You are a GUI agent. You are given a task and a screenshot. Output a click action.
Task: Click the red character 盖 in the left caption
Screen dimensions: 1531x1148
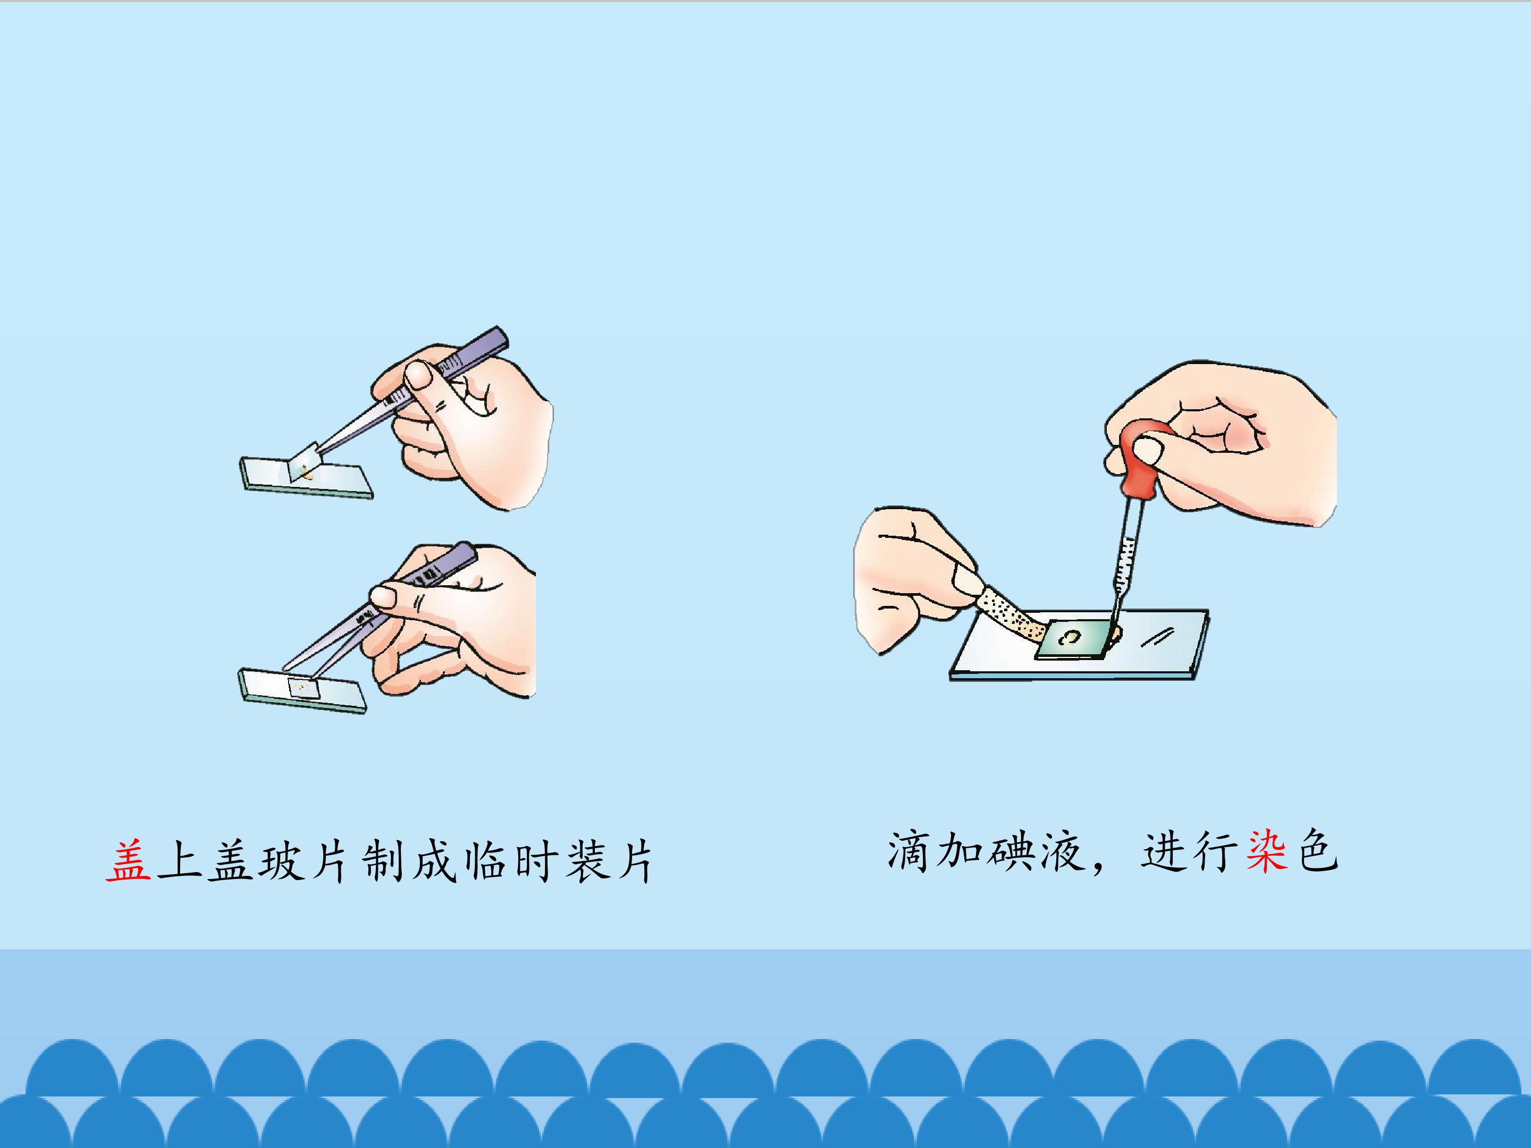(x=128, y=862)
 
